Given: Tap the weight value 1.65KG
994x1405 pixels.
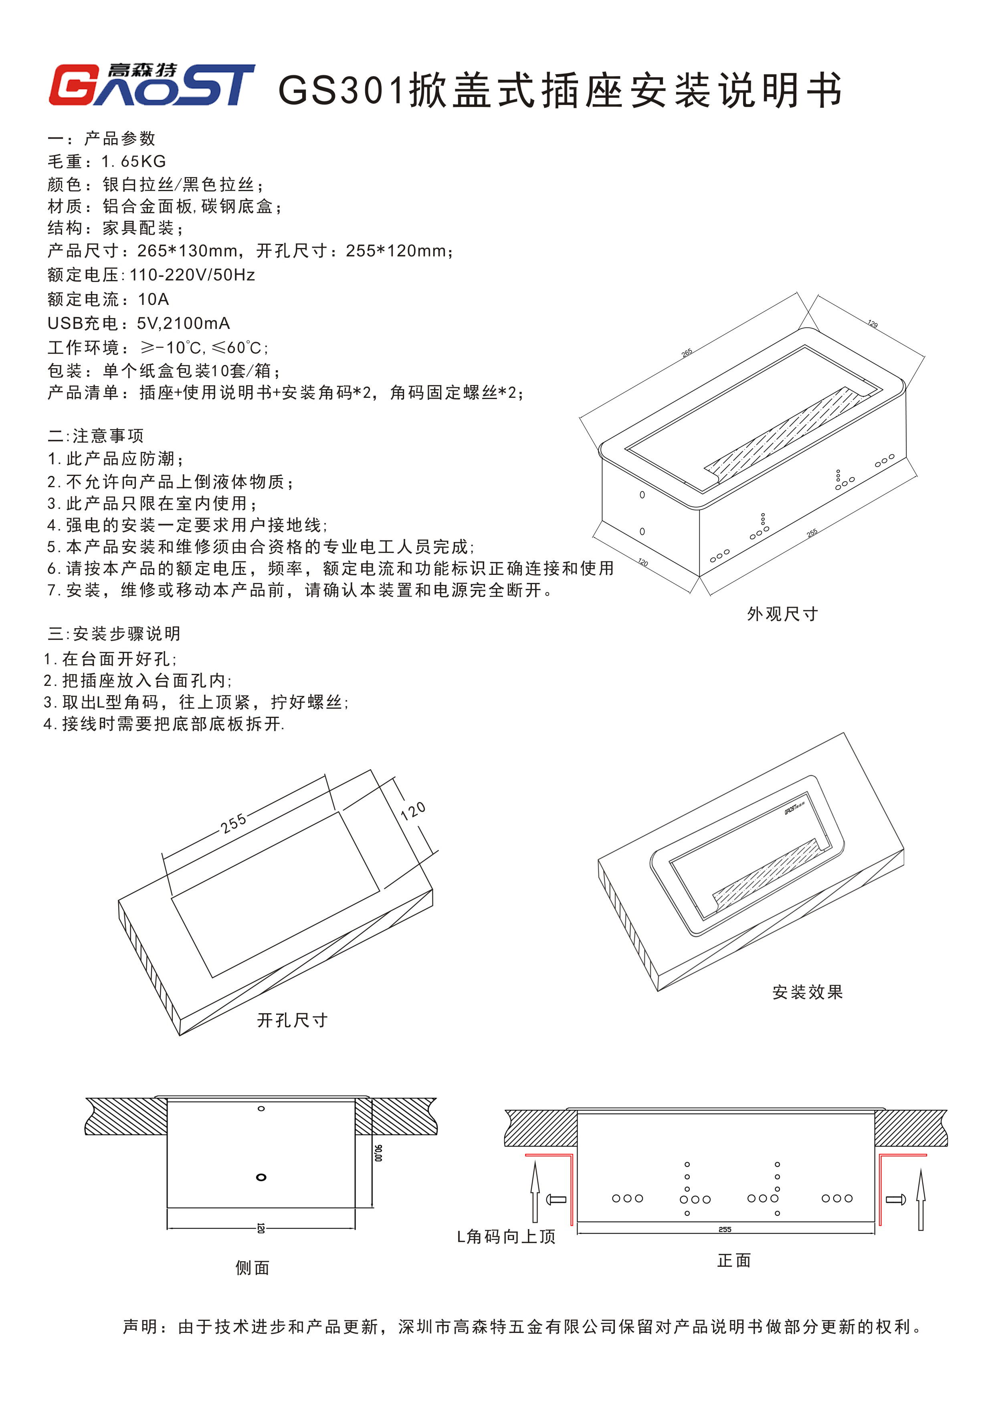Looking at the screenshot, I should pos(134,161).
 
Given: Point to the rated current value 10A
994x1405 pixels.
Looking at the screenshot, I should pos(154,299).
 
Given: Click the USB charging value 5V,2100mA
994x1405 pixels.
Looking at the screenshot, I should pos(183,323).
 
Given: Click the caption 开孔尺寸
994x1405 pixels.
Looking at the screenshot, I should pos(292,1020).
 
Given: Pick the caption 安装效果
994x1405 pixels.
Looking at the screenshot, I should pos(807,992).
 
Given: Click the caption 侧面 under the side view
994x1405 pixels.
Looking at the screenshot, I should pos(252,1267).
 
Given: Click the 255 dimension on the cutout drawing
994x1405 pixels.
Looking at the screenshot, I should pos(234,823).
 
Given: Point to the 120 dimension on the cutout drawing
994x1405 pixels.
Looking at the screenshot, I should pos(413,811).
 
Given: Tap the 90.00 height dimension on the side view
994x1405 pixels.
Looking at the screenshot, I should pos(378,1153).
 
